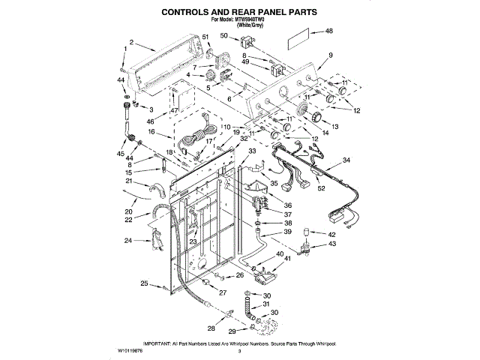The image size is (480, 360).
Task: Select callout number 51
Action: (205, 37)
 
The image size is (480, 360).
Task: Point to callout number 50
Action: (223, 36)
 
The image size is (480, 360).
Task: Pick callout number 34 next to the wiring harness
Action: (346, 160)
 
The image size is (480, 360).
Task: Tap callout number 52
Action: (322, 189)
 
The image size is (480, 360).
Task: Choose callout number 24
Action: (127, 241)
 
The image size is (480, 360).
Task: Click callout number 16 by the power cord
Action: (151, 131)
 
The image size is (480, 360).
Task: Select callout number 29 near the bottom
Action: (232, 331)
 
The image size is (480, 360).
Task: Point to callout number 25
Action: (145, 283)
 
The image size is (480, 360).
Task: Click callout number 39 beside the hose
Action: (287, 233)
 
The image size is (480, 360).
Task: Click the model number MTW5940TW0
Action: (252, 19)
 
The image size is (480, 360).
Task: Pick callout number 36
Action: (287, 204)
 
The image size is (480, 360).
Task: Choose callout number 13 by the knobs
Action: (335, 126)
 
